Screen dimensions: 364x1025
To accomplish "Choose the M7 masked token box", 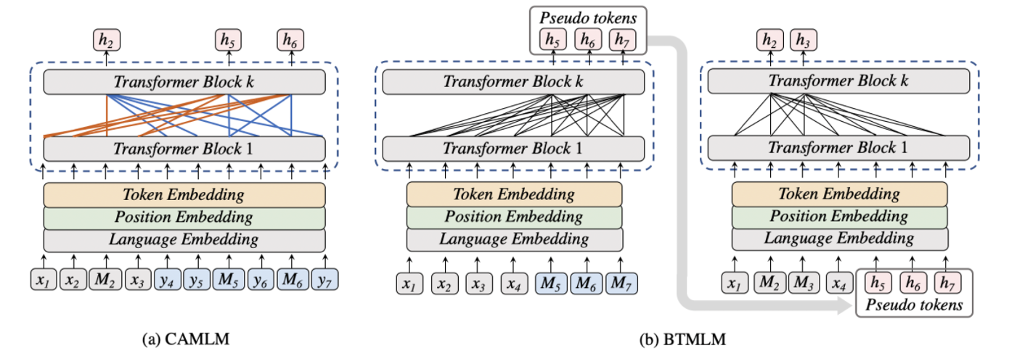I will tap(622, 282).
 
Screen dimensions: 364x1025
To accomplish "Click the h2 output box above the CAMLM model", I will tap(106, 40).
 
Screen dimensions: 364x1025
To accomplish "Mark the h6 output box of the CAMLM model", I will tap(292, 40).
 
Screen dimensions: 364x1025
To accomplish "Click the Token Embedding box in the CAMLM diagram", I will tap(184, 194).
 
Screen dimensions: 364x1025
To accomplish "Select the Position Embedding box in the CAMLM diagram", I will tap(184, 217).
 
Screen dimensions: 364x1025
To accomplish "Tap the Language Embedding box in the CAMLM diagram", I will tap(184, 239).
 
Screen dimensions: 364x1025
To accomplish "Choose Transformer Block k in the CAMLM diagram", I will tap(184, 82).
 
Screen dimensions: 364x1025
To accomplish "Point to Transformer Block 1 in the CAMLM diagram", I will tap(184, 149).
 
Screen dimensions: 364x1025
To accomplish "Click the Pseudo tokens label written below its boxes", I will tap(913, 305).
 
